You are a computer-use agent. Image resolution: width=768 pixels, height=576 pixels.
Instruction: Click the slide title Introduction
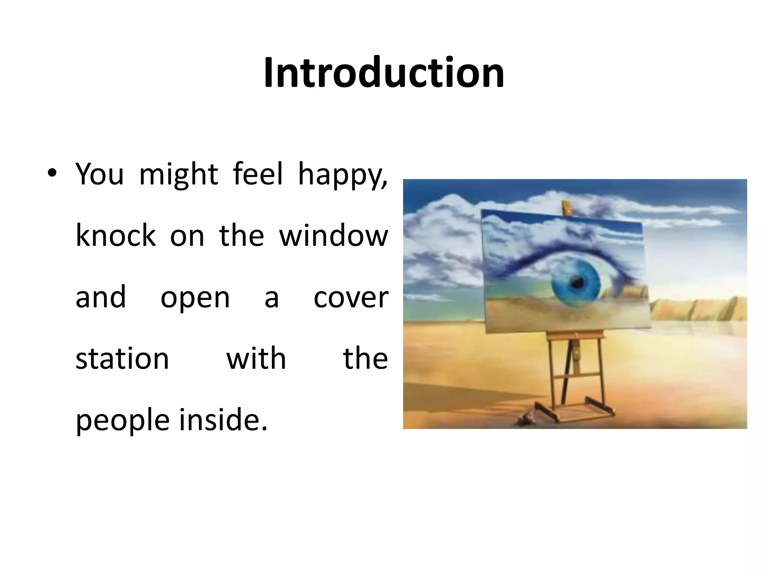coord(384,73)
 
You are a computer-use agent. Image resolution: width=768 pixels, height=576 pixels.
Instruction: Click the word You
coord(99,174)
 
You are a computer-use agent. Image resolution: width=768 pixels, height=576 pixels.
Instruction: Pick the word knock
coord(115,236)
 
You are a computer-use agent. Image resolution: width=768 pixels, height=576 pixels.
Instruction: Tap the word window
coord(333,236)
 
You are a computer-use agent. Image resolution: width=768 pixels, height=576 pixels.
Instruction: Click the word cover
coord(351,298)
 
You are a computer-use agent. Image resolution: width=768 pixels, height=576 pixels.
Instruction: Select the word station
coord(122,359)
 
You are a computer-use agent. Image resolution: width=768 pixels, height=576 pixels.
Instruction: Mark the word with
coord(256,359)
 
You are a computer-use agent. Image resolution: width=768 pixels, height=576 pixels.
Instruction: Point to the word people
coord(123,421)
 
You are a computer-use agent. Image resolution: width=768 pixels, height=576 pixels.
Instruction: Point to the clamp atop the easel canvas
coord(567,207)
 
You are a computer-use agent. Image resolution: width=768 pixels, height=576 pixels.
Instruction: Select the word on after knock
coord(187,237)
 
